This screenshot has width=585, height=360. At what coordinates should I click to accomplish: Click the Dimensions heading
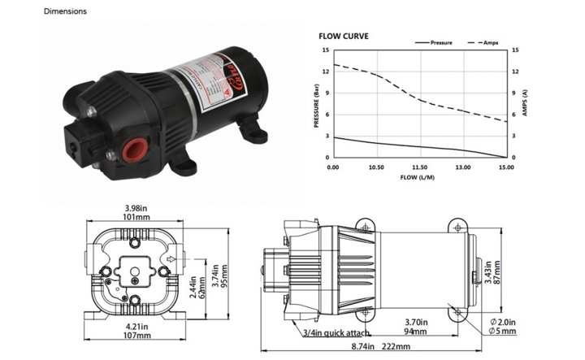point(65,12)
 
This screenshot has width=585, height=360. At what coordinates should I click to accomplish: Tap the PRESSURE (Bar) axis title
point(317,104)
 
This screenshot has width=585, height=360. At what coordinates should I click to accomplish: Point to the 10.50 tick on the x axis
point(376,167)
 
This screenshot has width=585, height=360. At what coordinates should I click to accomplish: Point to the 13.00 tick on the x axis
point(462,167)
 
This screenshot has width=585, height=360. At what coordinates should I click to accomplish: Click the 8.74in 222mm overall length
point(382,348)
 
